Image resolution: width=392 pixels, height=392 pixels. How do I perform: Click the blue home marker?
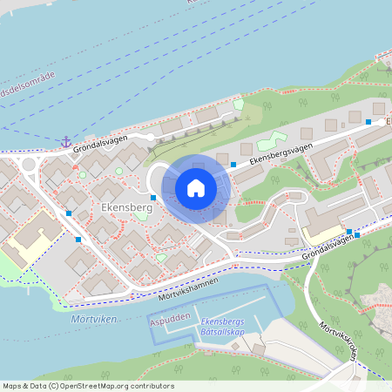[196, 188]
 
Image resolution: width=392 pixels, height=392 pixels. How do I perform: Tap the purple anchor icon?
[65, 141]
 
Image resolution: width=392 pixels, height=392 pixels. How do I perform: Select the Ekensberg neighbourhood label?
[126, 209]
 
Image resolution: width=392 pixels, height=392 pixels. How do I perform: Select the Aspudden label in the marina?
[169, 321]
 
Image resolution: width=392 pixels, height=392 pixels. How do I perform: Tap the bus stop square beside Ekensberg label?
[153, 198]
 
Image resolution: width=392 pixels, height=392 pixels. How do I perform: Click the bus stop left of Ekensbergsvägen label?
[233, 164]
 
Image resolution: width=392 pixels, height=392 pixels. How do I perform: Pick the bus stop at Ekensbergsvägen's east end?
[368, 122]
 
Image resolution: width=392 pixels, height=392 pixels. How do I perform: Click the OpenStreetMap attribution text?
[87, 386]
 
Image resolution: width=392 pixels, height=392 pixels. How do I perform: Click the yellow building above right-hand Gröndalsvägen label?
[323, 232]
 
